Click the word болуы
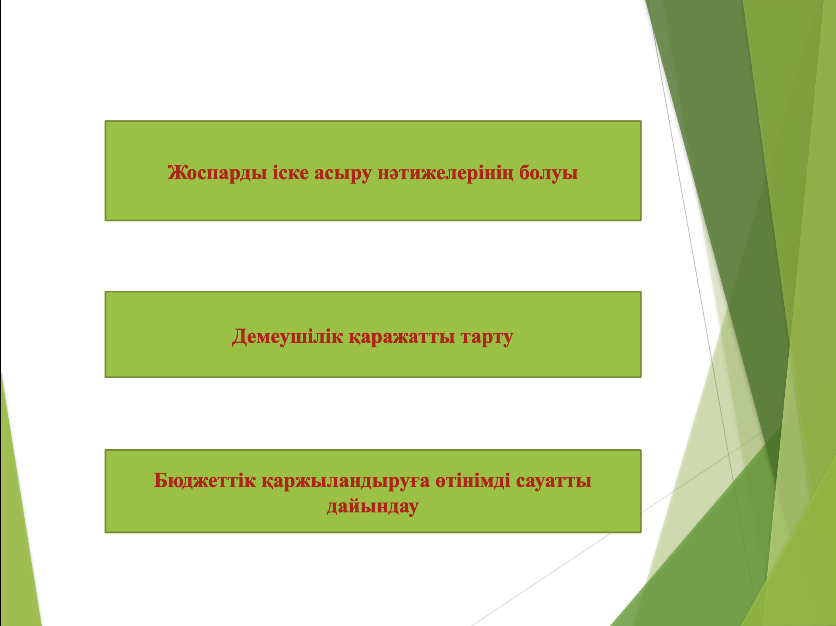(549, 173)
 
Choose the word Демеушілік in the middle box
(288, 337)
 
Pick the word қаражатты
(402, 337)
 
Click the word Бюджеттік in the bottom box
(205, 480)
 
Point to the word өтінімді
(473, 480)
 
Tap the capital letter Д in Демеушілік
(240, 337)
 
